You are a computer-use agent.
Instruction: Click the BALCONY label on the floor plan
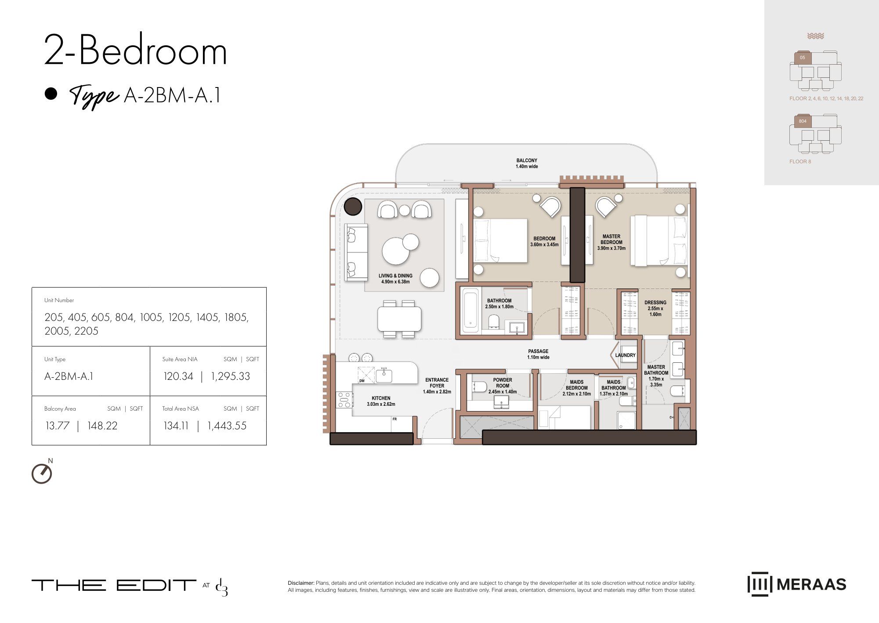(527, 160)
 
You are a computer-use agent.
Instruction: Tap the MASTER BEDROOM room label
(611, 239)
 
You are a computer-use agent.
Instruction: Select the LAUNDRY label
(625, 355)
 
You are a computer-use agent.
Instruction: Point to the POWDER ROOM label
(503, 383)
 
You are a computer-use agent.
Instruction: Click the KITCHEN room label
(381, 398)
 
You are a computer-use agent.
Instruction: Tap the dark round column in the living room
(353, 206)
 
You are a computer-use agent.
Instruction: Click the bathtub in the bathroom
(470, 310)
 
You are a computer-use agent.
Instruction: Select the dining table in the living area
(399, 319)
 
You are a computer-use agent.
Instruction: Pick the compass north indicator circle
(42, 474)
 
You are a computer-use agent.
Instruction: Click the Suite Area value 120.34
(178, 376)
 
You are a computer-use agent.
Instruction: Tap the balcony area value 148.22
(102, 426)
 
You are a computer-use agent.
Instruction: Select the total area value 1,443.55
(227, 426)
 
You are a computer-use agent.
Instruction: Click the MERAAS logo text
(811, 584)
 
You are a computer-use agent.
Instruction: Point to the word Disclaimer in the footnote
(301, 583)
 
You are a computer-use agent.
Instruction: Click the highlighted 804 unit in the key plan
(803, 121)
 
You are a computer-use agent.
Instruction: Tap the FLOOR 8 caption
(800, 161)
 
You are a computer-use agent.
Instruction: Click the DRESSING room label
(655, 302)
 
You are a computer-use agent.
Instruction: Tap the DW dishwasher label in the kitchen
(362, 381)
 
